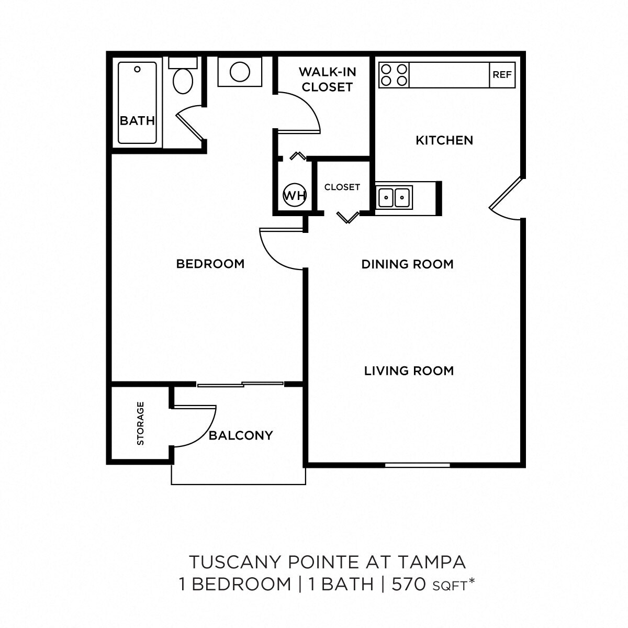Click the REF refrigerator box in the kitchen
click(502, 75)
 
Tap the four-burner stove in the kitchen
click(394, 75)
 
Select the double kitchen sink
click(394, 197)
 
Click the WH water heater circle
click(295, 196)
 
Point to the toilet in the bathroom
click(183, 78)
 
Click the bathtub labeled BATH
click(137, 103)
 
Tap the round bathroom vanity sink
click(240, 72)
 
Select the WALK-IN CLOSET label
click(327, 80)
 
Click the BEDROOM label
click(210, 264)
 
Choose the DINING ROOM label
click(407, 264)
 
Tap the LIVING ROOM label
click(409, 371)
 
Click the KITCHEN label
click(444, 140)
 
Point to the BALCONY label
click(241, 435)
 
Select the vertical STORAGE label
click(140, 423)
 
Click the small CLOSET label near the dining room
click(342, 187)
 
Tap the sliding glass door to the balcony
click(241, 385)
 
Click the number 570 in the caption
click(409, 584)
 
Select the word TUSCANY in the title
click(235, 562)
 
